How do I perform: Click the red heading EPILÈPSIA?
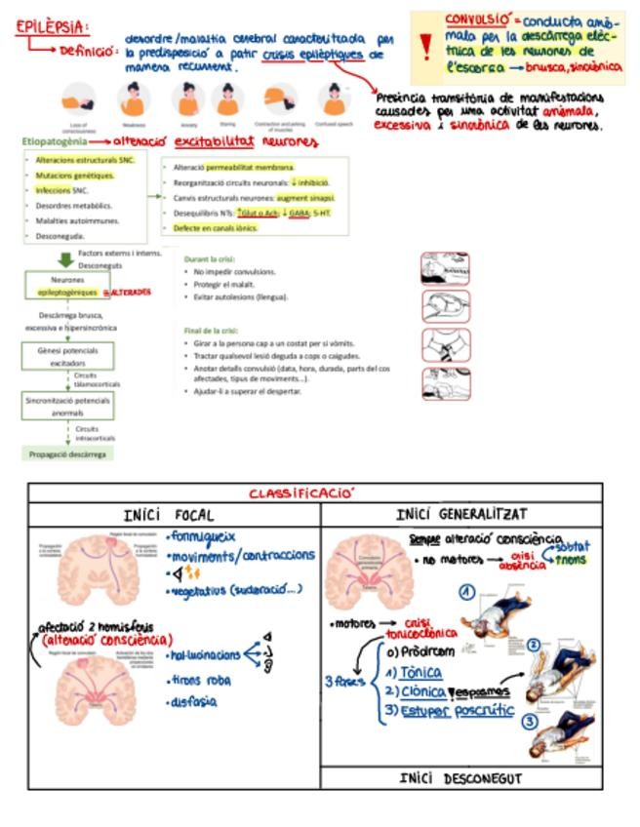52,26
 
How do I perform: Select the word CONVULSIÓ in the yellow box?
478,20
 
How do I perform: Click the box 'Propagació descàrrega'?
69,453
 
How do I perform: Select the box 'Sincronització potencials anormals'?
68,405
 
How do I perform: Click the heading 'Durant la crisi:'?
209,259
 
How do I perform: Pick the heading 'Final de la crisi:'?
213,331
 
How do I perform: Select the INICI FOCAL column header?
169,515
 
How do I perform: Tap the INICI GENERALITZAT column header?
462,514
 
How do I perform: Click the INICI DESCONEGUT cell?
461,779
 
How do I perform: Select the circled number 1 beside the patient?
468,592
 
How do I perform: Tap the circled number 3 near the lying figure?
529,723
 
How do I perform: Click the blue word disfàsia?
192,701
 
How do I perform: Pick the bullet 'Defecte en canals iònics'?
216,227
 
